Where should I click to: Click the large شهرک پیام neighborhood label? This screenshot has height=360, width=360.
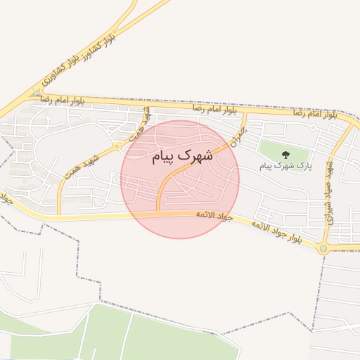182,157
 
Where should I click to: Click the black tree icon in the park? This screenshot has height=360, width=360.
285,154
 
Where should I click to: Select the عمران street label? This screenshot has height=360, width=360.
241,131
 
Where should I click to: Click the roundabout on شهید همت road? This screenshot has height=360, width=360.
116,146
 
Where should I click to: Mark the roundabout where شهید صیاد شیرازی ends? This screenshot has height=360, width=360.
323,247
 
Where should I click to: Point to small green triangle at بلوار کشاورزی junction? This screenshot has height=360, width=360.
36,92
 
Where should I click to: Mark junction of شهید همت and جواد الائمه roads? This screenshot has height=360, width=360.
58,215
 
